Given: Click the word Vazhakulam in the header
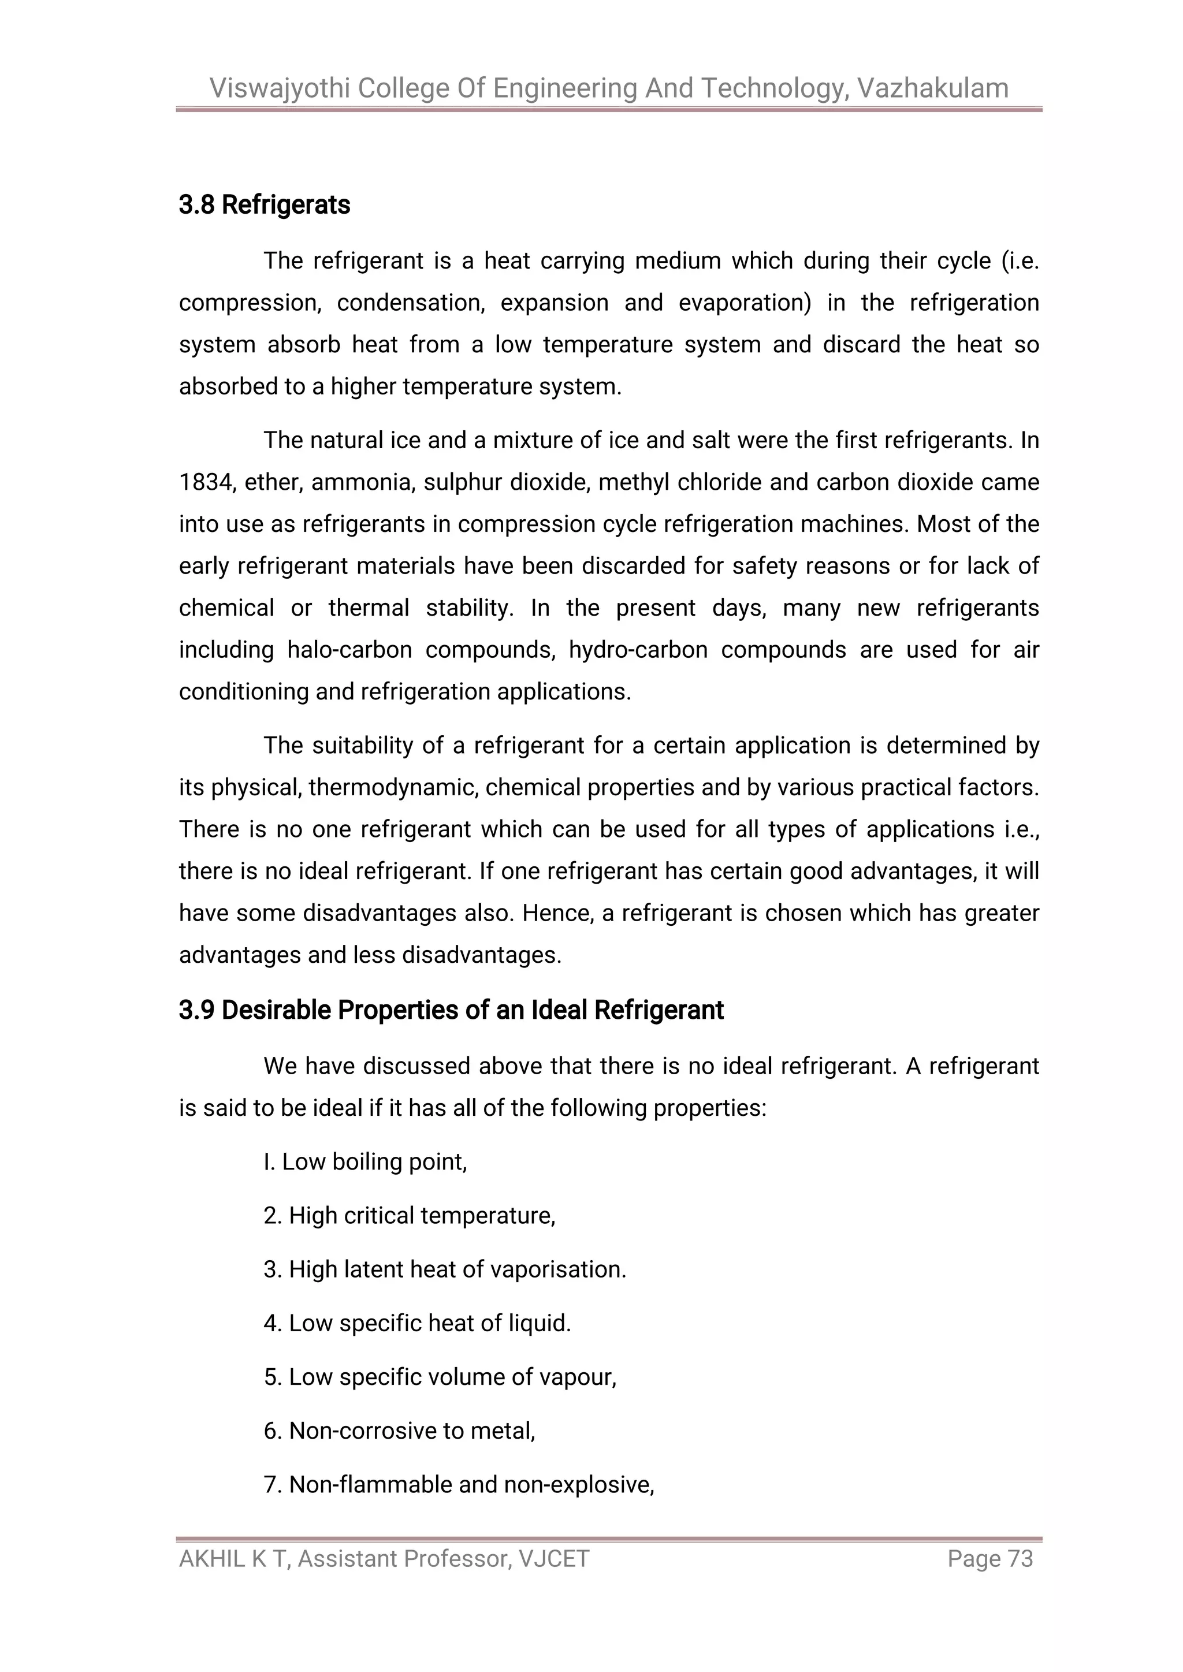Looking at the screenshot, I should (x=932, y=88).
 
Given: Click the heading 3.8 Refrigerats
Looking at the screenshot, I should (x=265, y=206).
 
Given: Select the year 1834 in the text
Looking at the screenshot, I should (x=206, y=483).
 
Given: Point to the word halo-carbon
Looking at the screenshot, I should (x=349, y=650).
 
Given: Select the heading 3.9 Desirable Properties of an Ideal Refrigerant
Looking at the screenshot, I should (x=451, y=1010).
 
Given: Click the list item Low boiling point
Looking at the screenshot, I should (x=365, y=1161).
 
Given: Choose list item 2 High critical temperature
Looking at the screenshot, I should (x=410, y=1215).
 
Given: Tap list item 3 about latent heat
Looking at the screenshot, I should (x=444, y=1269).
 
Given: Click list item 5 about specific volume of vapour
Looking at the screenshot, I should (x=440, y=1377).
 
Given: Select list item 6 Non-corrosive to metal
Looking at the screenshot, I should (x=399, y=1431).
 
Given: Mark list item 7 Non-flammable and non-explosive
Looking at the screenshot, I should (x=459, y=1484).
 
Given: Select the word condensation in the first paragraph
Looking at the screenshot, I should (x=410, y=303).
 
